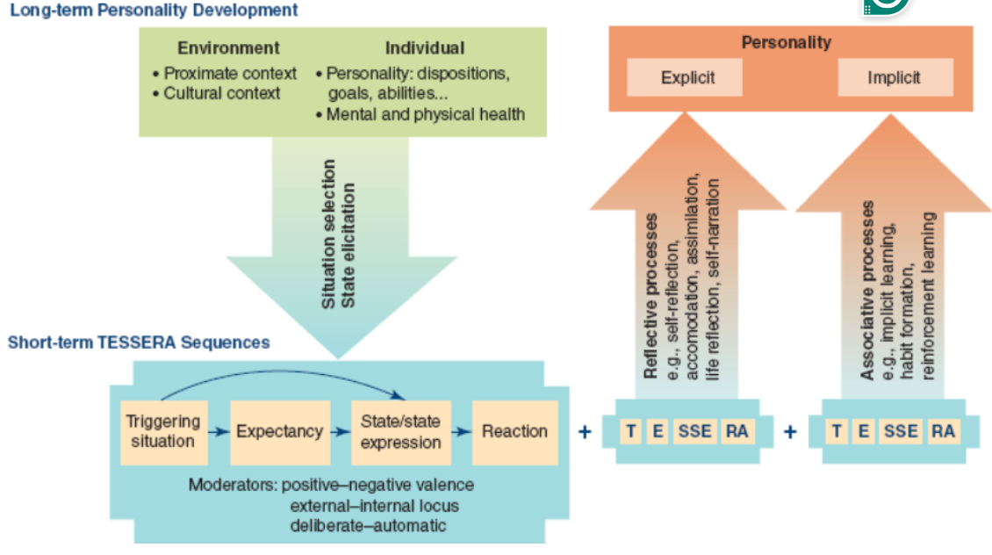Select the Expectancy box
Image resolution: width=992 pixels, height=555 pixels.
(279, 431)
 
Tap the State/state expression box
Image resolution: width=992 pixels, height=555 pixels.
(400, 431)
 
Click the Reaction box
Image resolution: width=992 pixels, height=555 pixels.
(514, 431)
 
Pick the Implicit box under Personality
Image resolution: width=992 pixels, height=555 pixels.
(894, 77)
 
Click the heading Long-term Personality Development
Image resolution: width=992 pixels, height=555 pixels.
(155, 11)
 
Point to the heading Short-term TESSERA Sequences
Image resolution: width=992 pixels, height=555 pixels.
(139, 342)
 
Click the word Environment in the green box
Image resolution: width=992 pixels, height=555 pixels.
(228, 48)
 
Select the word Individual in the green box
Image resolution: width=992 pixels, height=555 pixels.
(425, 48)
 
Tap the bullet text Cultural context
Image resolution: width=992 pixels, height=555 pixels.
(221, 92)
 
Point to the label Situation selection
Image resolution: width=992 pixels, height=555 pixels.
(329, 234)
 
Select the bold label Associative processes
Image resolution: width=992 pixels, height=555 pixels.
(867, 291)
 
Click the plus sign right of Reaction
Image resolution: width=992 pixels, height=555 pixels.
(585, 431)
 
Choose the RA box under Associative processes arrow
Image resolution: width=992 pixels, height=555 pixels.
(943, 431)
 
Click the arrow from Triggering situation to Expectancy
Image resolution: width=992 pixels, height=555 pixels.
(219, 432)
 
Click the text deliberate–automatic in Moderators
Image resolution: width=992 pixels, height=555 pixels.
(368, 525)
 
